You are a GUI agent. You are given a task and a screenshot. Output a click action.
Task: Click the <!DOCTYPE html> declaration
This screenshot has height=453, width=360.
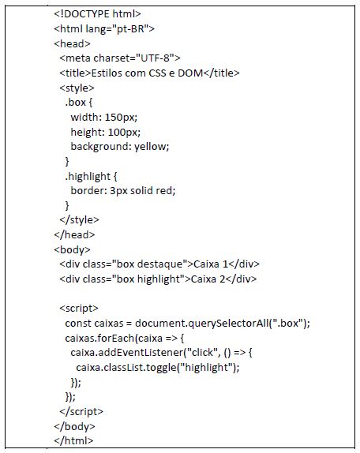(x=97, y=14)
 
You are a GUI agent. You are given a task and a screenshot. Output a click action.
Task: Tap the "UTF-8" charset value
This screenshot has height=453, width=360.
(x=156, y=58)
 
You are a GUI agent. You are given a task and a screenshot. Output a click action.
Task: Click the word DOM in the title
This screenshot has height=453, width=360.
(x=190, y=73)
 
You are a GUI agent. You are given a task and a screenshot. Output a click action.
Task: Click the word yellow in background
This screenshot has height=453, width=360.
(x=150, y=147)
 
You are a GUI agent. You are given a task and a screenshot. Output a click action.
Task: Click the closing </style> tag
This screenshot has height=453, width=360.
(x=79, y=220)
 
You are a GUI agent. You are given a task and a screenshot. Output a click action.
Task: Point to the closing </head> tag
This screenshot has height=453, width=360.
(x=74, y=234)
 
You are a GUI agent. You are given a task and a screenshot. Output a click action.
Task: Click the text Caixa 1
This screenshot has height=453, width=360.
(x=211, y=264)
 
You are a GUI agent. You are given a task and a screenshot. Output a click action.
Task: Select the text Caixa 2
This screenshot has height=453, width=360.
(x=208, y=279)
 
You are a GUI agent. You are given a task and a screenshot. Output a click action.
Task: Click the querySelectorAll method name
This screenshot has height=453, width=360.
(x=228, y=323)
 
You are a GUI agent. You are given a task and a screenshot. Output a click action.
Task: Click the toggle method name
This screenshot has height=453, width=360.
(x=162, y=368)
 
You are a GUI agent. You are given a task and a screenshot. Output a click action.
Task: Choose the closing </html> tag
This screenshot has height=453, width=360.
(x=73, y=440)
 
